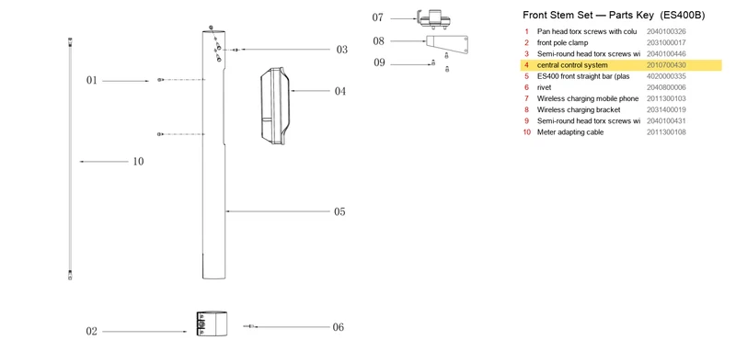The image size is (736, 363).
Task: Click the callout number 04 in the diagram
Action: coord(339,91)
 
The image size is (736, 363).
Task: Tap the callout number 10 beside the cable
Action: coord(138,162)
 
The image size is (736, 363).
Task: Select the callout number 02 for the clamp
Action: coord(91,331)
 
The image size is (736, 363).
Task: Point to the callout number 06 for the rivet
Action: coord(338,327)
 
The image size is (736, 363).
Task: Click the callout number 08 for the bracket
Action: coord(379,41)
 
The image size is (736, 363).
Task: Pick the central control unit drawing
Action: coord(275,106)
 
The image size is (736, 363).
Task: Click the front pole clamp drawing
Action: coord(213,323)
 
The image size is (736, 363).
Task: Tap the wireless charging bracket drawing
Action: coord(447,44)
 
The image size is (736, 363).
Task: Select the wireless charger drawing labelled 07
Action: coord(434,17)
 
